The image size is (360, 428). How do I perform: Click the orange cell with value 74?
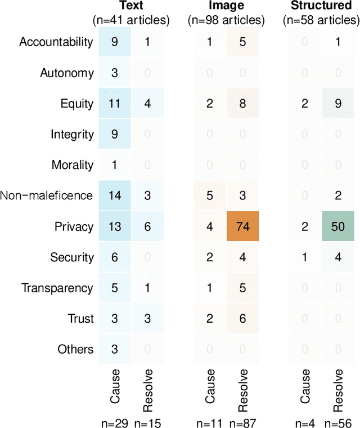242,226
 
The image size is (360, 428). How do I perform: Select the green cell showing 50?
337,226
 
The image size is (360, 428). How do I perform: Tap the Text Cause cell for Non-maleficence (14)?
115,195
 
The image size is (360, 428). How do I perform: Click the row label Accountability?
56,42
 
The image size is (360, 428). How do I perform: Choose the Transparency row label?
57,288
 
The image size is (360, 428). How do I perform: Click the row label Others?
75,349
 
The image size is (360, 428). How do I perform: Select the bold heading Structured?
321,7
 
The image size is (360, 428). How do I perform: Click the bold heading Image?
226,7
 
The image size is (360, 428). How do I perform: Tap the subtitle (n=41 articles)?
131,20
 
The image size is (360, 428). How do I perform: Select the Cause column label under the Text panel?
115,387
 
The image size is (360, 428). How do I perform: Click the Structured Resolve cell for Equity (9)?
337,103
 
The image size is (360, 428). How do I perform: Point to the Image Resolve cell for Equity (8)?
242,103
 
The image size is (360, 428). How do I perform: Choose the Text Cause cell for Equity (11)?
115,103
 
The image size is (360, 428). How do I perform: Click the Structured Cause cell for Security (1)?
304,257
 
